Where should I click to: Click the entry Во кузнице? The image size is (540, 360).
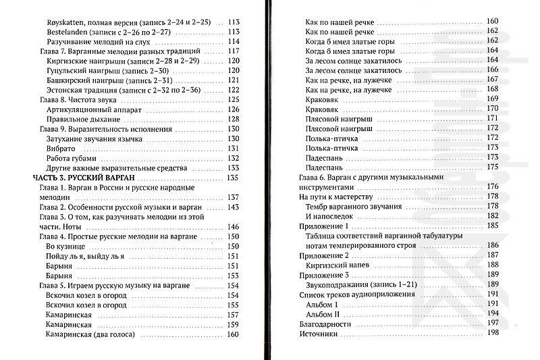[x=69, y=247]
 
